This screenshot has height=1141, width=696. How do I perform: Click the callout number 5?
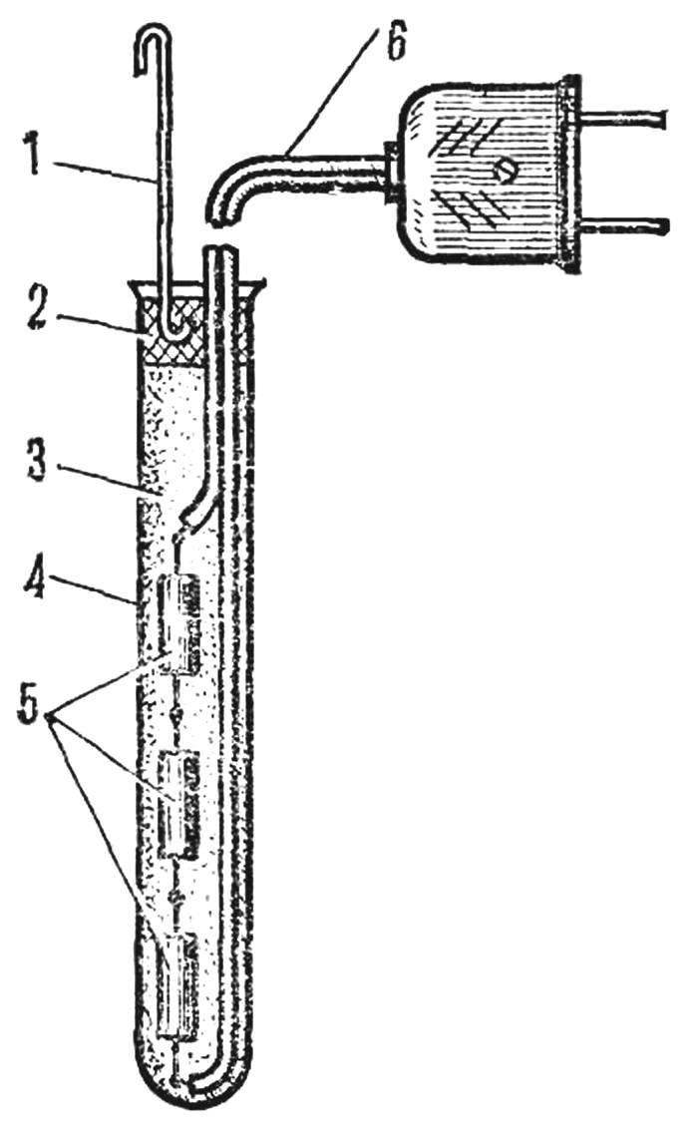point(31,704)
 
